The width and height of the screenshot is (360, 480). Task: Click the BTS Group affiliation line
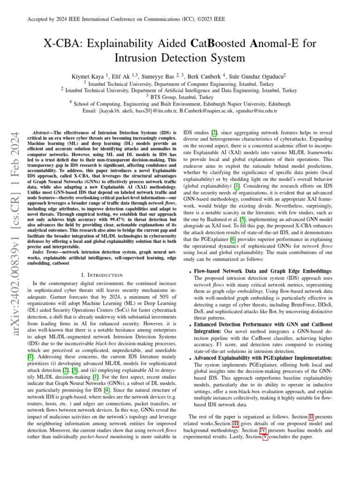point(180,97)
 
